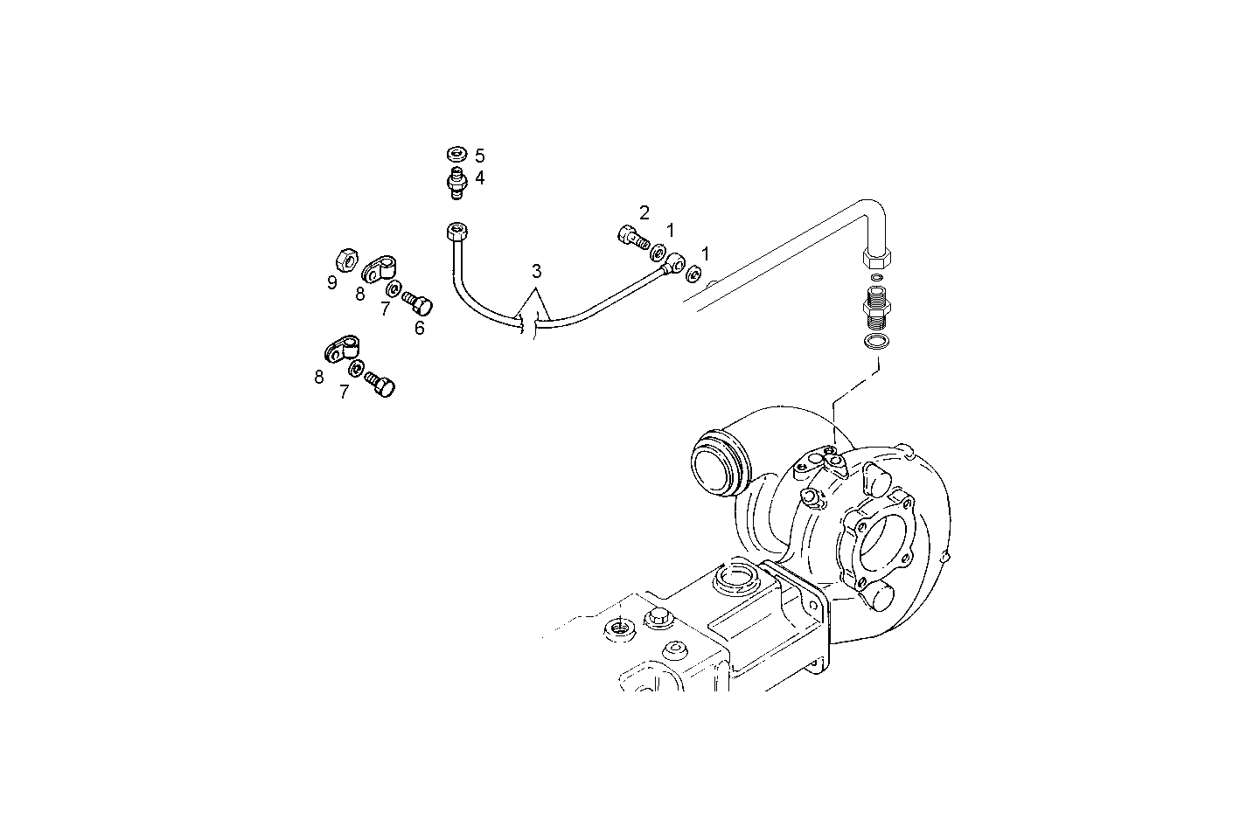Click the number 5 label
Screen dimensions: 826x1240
point(479,156)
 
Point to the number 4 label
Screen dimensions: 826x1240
point(479,177)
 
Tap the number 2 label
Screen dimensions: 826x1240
point(644,212)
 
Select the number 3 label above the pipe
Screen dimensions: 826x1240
point(536,271)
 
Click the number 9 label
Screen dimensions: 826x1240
point(332,282)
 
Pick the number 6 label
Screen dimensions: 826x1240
point(420,328)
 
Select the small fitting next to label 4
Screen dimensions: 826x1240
point(456,184)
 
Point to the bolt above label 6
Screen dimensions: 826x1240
point(418,304)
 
